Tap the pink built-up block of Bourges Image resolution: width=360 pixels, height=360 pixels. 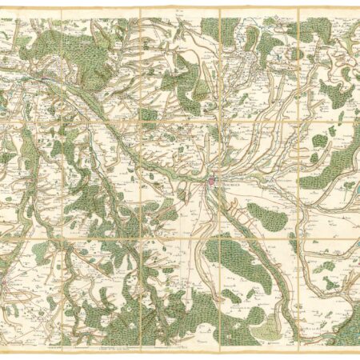(x=213, y=183)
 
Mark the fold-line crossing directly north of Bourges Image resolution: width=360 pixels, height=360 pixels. (x=218, y=122)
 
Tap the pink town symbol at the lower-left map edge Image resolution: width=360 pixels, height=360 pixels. (x=6, y=284)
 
